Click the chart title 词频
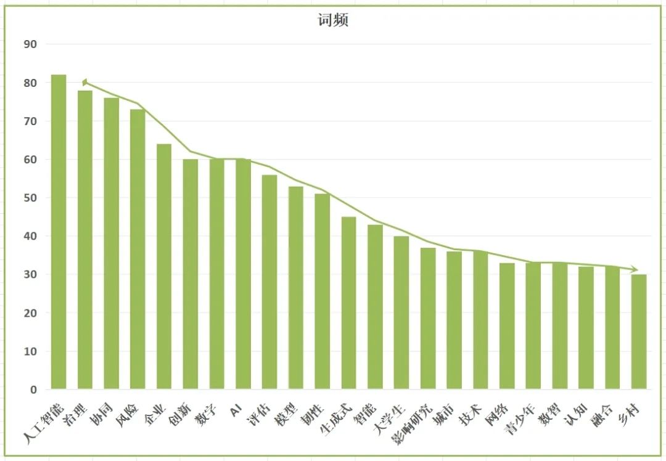click(x=333, y=20)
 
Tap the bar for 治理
click(x=85, y=240)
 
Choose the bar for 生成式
click(x=348, y=303)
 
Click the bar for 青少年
click(x=533, y=326)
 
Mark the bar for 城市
click(x=454, y=320)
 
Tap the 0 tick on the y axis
click(x=33, y=390)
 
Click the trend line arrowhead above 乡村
click(x=635, y=269)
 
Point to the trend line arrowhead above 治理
click(x=85, y=83)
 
